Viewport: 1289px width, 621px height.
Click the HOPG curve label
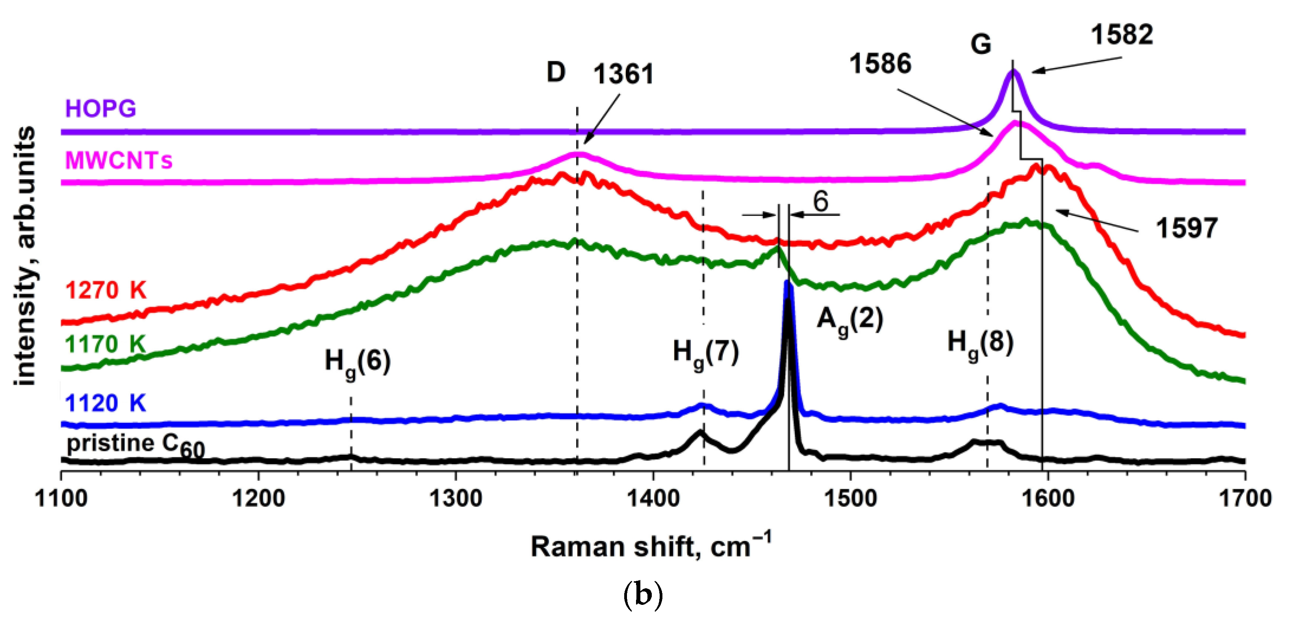(100, 109)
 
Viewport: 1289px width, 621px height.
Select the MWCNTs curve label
(119, 161)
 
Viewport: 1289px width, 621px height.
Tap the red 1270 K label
(106, 290)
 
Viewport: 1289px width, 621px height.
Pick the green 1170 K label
(105, 344)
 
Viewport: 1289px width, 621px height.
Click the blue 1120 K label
(105, 403)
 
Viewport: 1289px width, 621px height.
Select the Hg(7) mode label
(706, 353)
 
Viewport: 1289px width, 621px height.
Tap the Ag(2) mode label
(849, 320)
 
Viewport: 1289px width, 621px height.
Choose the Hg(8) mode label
(980, 344)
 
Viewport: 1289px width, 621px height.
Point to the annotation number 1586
(880, 64)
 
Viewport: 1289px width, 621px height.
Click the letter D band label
(556, 73)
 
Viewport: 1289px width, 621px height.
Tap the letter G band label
(980, 44)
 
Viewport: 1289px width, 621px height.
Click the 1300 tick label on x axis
(455, 499)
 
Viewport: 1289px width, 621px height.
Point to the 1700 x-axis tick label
(1244, 499)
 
